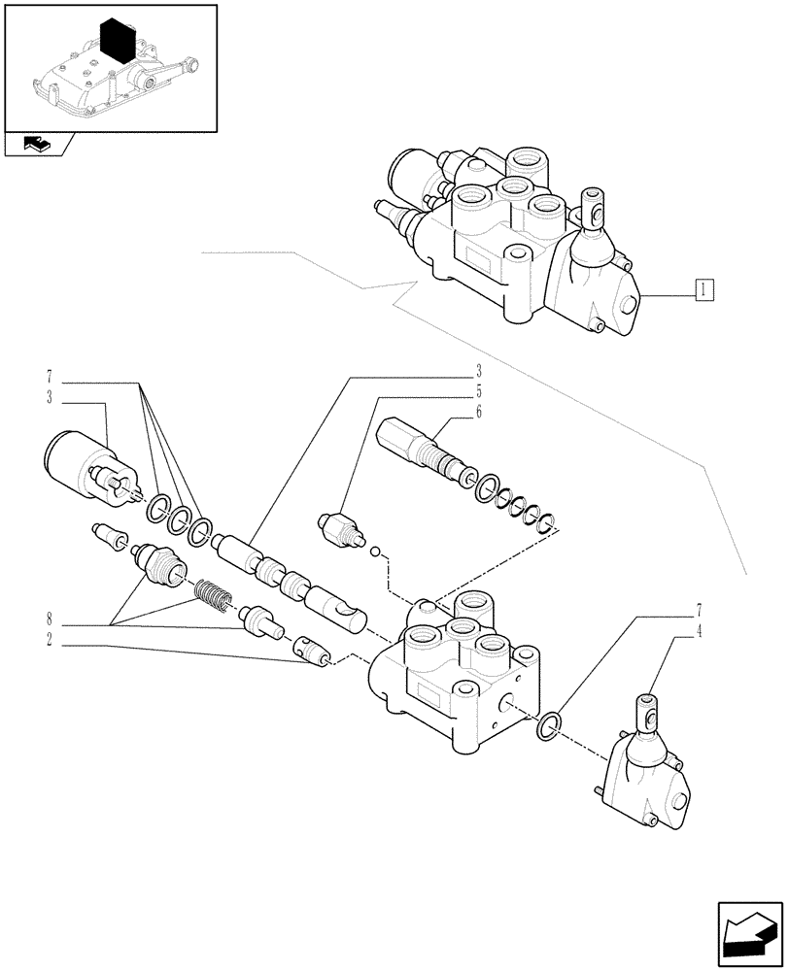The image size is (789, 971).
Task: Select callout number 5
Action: coord(479,393)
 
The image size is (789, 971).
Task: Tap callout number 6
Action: coord(479,413)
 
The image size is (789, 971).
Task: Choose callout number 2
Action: coord(48,640)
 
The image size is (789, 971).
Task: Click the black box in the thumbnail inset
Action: coord(118,42)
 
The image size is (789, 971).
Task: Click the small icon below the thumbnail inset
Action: coord(39,145)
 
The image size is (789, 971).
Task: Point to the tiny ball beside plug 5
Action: coord(372,552)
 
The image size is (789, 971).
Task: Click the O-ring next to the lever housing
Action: coord(548,724)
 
